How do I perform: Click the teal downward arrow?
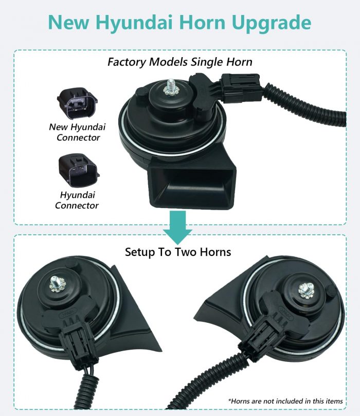click(x=177, y=228)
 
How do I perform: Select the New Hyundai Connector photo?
click(x=77, y=103)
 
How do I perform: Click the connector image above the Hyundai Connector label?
click(x=79, y=170)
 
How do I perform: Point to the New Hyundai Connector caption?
click(x=78, y=132)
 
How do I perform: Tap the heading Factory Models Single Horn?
click(x=179, y=62)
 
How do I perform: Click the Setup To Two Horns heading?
click(x=178, y=252)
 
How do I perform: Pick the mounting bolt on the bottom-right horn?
click(x=307, y=290)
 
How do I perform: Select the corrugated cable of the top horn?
click(x=305, y=105)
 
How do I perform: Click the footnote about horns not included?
click(x=285, y=401)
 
